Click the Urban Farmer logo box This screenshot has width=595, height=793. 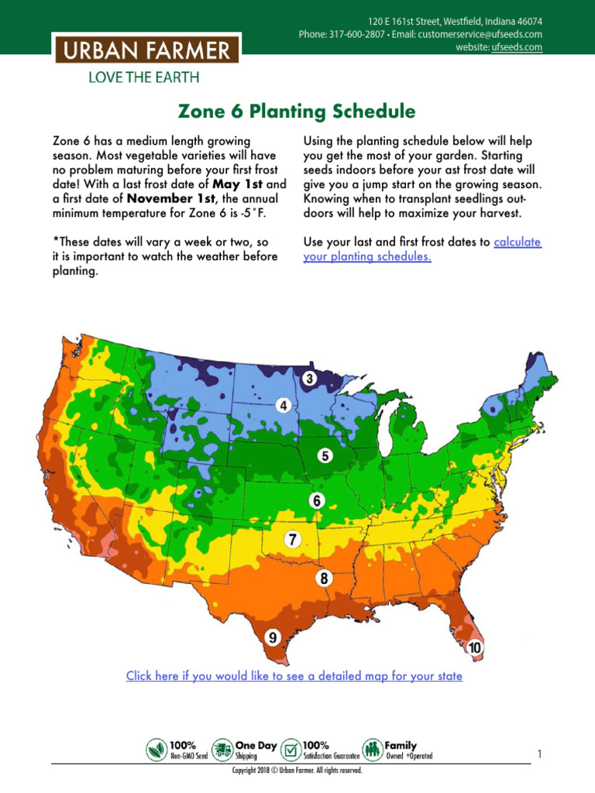[146, 51]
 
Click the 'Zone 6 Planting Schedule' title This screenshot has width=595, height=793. [297, 112]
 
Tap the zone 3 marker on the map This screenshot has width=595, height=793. [309, 379]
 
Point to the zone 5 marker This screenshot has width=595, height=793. [326, 455]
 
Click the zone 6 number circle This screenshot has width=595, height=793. [316, 501]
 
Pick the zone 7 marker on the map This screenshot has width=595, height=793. [292, 540]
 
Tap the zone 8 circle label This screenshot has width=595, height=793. [324, 578]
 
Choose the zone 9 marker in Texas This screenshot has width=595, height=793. [273, 637]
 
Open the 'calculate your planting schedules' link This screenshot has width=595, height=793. [421, 249]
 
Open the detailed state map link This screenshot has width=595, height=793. [294, 676]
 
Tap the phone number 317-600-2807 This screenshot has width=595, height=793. [350, 34]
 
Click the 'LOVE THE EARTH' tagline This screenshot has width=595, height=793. [144, 77]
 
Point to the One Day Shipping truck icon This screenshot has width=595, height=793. [222, 750]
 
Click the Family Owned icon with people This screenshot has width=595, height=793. [373, 750]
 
